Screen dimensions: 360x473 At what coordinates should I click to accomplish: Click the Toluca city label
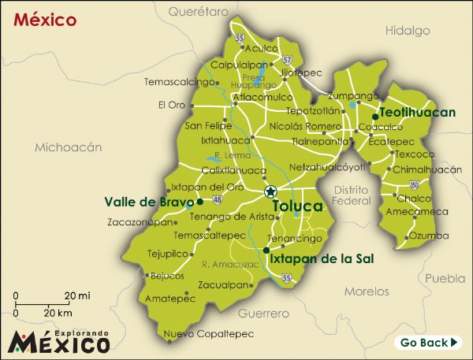297,206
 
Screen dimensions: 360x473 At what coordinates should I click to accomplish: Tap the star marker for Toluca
270,191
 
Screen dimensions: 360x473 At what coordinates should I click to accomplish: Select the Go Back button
428,343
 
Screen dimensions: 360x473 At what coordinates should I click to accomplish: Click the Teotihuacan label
418,113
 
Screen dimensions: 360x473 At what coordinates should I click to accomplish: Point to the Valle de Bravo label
148,202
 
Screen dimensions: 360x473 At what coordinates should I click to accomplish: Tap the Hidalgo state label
408,31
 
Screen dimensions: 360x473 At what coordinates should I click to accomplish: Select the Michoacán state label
69,147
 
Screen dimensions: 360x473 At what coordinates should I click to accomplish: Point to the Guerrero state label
259,314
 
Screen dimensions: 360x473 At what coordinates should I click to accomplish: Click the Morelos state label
367,291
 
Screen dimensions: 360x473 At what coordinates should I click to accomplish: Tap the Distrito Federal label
352,195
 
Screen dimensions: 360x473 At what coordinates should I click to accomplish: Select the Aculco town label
261,49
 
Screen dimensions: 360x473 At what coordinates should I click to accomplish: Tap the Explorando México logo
58,341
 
